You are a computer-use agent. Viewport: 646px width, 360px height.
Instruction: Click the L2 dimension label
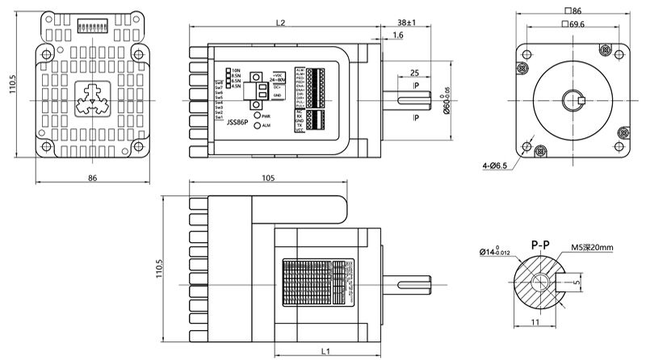pos(279,23)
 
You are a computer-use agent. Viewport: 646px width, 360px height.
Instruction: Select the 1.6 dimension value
pos(398,36)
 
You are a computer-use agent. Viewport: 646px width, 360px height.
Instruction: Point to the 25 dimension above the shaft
pos(413,72)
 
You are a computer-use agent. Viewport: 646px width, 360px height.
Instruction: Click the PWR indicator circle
pos(258,116)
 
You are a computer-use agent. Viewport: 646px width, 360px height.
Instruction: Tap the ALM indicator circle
pos(258,126)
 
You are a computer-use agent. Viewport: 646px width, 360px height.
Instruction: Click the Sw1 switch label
pos(219,118)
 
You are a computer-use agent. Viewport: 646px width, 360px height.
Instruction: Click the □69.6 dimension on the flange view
pos(575,25)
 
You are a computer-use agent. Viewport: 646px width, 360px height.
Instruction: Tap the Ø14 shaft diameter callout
pos(496,253)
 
